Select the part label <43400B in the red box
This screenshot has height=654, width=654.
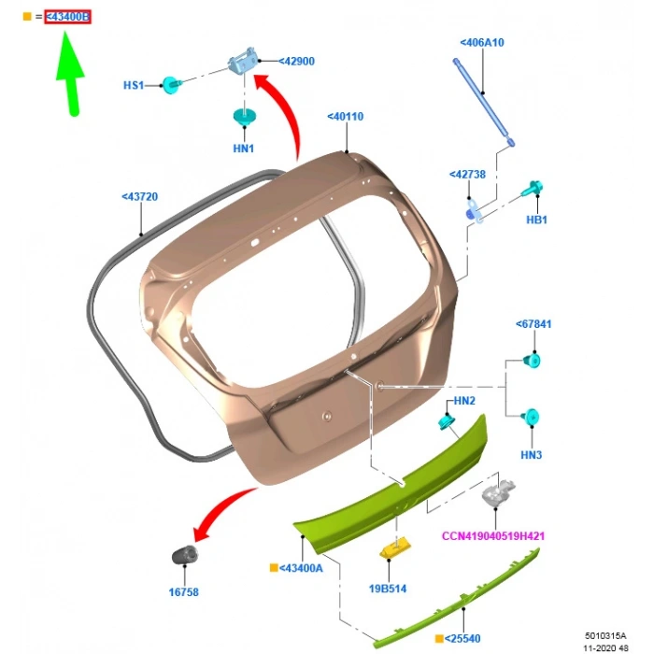pyautogui.click(x=67, y=17)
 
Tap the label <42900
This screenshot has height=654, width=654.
pyautogui.click(x=296, y=62)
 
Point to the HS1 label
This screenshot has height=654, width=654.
pyautogui.click(x=134, y=86)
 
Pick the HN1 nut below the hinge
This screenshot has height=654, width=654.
pyautogui.click(x=245, y=117)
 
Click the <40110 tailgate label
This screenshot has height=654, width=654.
pyautogui.click(x=346, y=117)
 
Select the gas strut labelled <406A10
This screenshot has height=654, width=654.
pyautogui.click(x=484, y=102)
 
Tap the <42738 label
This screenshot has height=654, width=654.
pyautogui.click(x=467, y=175)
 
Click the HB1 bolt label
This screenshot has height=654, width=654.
pyautogui.click(x=537, y=220)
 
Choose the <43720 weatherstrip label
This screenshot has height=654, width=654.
pyautogui.click(x=140, y=196)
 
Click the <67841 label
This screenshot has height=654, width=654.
pyautogui.click(x=533, y=324)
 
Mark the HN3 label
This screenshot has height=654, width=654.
pyautogui.click(x=532, y=455)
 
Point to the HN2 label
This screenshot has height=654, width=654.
pyautogui.click(x=464, y=401)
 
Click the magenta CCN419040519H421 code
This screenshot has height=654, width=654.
pyautogui.click(x=493, y=536)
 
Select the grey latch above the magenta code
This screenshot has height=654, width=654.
pyautogui.click(x=498, y=492)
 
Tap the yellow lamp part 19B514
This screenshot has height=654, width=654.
pyautogui.click(x=395, y=547)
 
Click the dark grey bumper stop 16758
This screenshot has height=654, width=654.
pyautogui.click(x=185, y=555)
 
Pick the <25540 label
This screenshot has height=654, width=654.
pyautogui.click(x=462, y=638)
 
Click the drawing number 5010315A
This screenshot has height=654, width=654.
pyautogui.click(x=605, y=635)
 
